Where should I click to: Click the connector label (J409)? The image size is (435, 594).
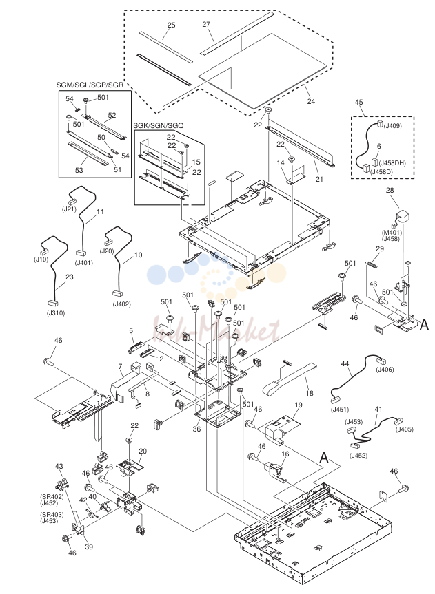(392, 126)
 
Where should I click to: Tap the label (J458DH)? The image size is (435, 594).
(392, 163)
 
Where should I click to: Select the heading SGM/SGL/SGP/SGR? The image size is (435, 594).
(90, 85)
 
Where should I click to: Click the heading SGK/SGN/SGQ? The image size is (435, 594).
(159, 125)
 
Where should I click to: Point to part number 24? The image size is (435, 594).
(311, 101)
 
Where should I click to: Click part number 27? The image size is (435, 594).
(206, 25)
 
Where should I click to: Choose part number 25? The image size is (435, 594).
(171, 25)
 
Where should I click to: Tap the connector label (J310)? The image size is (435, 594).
(56, 313)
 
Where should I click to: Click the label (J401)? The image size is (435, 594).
(84, 262)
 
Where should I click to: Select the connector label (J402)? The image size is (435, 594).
(121, 304)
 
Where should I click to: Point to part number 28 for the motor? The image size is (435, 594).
(390, 190)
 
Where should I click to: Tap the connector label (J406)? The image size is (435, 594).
(385, 370)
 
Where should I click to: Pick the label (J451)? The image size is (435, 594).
(340, 409)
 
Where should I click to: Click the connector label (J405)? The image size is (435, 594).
(404, 429)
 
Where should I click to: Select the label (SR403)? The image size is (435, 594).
(52, 515)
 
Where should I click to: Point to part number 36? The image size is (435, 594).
(196, 429)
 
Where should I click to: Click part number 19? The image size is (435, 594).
(299, 405)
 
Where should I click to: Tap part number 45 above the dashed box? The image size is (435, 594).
(358, 102)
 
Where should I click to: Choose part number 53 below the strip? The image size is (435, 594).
(79, 170)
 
